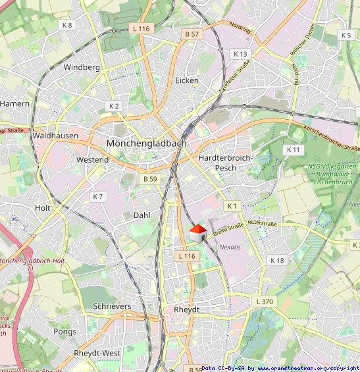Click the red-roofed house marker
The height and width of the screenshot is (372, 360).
coord(198,233)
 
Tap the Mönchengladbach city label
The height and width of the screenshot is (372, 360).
coord(146,143)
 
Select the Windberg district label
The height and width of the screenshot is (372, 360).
coord(82,67)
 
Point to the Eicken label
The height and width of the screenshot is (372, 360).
coord(187,80)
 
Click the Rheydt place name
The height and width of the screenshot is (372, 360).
coord(186,309)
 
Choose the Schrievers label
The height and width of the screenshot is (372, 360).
coord(112,306)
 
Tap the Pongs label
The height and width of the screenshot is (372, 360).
coord(64,331)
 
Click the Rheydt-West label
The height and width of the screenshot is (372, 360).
coord(97,353)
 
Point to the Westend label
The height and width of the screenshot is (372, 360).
coord(92,160)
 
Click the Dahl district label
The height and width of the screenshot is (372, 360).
coord(141,215)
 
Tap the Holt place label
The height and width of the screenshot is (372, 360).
coord(43,207)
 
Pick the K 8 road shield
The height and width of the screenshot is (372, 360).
coord(66,25)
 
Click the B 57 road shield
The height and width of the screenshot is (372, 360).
coord(192,34)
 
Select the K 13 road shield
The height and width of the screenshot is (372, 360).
coord(240,53)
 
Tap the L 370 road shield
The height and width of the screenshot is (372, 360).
coord(262,301)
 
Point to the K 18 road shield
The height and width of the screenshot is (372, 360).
coord(277,261)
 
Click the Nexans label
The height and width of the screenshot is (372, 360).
coord(230,247)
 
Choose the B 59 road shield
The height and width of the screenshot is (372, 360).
coord(150,178)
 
